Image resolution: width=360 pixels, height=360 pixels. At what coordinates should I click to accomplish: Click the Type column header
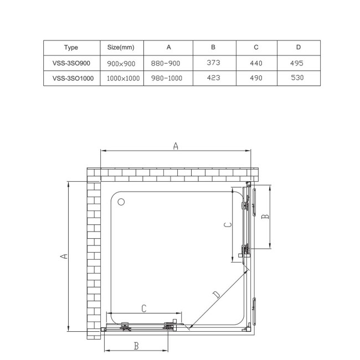coord(71,48)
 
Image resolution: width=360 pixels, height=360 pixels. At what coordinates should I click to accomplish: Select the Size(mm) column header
coord(121,48)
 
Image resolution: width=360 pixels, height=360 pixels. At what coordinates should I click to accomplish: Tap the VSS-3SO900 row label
coord(71,63)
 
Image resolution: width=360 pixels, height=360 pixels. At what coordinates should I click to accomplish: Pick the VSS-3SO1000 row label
coord(73,78)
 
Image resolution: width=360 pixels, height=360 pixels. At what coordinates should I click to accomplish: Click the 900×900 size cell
coord(121,63)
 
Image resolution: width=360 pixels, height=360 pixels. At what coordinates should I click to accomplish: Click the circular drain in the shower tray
coord(122,202)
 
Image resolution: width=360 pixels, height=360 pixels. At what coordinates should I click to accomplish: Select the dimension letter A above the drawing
coord(176,146)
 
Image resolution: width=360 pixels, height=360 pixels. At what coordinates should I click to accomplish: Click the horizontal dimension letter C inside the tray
coord(143,309)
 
